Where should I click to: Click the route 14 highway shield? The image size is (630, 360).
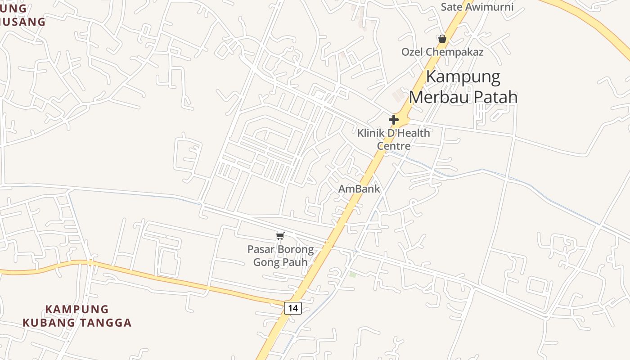[292, 308]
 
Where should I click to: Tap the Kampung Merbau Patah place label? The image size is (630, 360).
[463, 87]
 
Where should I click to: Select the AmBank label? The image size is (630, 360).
[359, 189]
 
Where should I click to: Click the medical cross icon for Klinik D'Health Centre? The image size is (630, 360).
[394, 120]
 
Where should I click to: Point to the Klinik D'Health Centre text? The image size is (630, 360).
[394, 139]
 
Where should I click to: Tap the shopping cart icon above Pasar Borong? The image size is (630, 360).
[280, 236]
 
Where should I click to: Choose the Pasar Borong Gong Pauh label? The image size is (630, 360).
[280, 256]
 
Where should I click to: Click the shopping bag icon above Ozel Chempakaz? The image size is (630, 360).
[442, 39]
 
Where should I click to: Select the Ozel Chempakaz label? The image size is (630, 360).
[442, 52]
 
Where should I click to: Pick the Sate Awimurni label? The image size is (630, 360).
[477, 7]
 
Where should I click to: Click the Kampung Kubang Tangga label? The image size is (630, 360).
[77, 316]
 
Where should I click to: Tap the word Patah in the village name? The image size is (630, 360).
[495, 97]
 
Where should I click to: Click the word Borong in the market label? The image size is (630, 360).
[295, 249]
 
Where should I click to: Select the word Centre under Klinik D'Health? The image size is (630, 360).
[394, 146]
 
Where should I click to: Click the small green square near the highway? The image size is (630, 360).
[352, 274]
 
